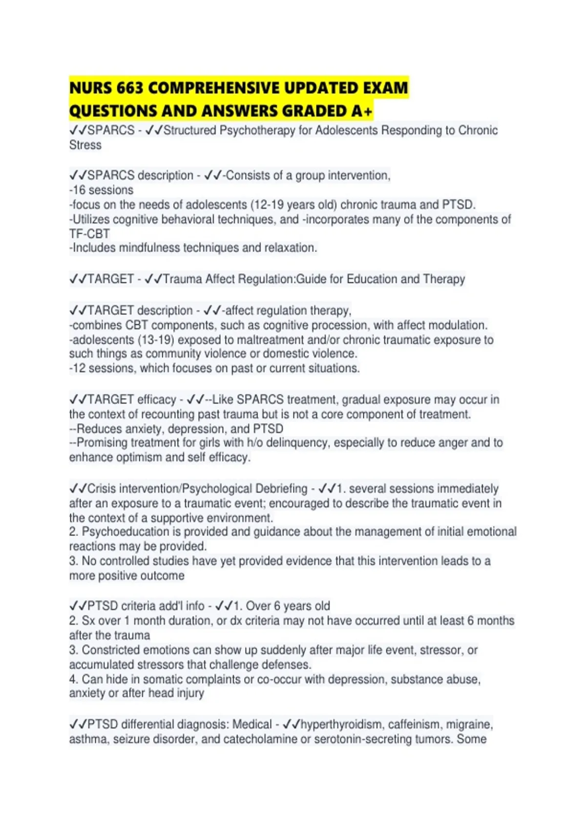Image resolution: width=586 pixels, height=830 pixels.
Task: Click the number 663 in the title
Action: point(130,88)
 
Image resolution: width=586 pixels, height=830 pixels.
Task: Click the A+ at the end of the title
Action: point(362,111)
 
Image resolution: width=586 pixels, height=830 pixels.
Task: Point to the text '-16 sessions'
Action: point(101,190)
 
